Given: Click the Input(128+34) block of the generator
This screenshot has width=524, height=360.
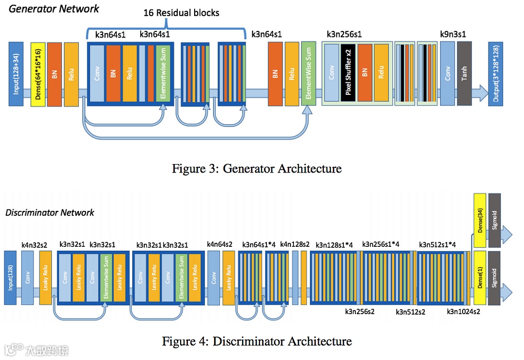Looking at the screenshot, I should click(16, 74).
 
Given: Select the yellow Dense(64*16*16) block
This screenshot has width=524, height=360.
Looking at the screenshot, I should click(38, 74).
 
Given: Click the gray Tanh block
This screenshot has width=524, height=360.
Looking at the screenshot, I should click(464, 74).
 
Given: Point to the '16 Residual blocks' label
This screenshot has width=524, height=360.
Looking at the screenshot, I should click(181, 12).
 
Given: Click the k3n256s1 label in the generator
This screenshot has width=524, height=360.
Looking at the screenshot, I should click(344, 34).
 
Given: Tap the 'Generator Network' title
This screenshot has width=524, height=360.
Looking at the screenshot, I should click(54, 8).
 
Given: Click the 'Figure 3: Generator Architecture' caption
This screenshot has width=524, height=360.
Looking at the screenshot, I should click(257, 169).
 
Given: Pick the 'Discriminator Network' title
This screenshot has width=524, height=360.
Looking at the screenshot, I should click(49, 213).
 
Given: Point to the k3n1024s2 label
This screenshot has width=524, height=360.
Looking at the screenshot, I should click(463, 312).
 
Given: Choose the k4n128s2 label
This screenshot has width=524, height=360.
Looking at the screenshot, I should click(295, 245).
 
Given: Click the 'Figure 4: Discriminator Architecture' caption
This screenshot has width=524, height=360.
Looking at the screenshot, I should click(257, 342).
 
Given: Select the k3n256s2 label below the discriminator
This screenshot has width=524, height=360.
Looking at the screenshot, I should click(360, 312).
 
